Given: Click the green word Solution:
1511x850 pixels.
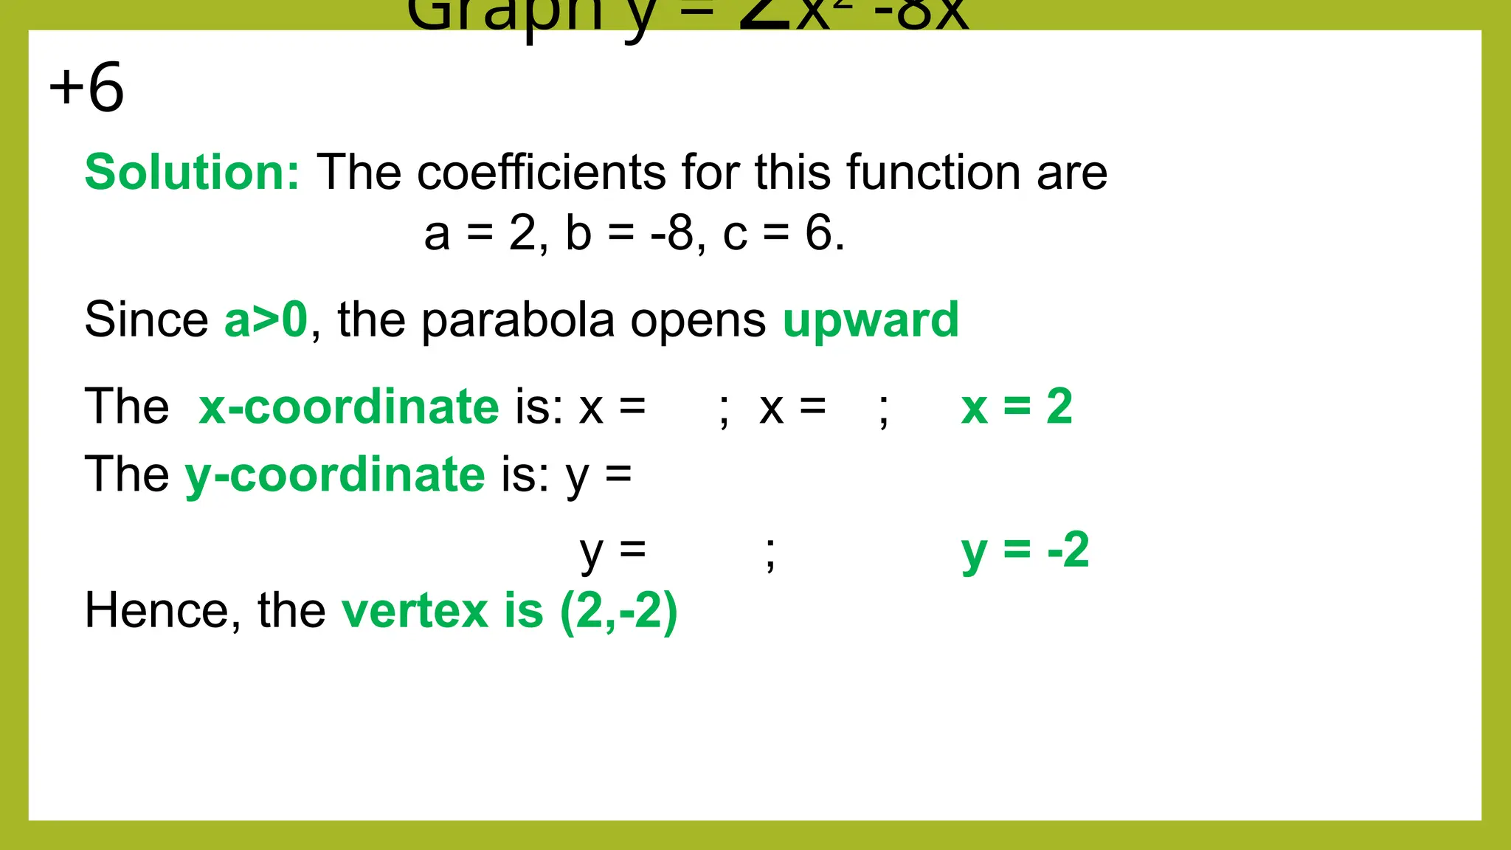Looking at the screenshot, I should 192,173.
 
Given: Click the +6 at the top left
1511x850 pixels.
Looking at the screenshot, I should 86,88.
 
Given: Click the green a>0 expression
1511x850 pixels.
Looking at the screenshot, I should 266,320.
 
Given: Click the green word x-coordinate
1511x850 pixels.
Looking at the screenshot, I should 349,407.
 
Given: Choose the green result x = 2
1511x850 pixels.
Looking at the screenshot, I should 1017,407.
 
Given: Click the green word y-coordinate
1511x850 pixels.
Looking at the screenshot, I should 335,475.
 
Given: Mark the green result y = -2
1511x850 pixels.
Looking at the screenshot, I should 1025,550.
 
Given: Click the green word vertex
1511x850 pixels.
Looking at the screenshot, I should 415,611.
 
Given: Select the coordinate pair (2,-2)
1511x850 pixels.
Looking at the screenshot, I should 618,612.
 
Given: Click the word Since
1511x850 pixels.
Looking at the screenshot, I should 146,320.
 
